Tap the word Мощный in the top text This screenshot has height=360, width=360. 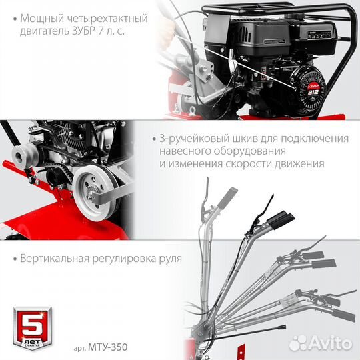(43, 17)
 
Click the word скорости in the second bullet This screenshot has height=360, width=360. (260, 163)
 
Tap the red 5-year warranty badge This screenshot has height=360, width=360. (29, 325)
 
